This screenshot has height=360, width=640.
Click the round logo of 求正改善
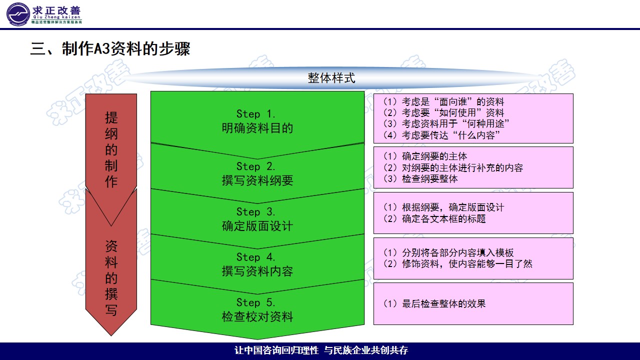click(x=17, y=14)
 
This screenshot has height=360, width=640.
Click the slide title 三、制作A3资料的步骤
click(x=110, y=49)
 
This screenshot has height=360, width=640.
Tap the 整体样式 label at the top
click(x=331, y=78)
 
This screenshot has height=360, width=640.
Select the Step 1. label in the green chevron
click(x=256, y=114)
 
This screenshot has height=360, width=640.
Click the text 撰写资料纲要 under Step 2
click(x=257, y=180)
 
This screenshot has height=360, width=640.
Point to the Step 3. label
click(x=256, y=212)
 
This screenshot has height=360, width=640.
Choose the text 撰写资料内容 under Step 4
click(x=257, y=271)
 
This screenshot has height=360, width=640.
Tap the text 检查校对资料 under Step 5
click(x=257, y=316)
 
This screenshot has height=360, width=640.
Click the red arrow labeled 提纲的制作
click(x=111, y=150)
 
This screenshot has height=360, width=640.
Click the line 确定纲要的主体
click(x=425, y=156)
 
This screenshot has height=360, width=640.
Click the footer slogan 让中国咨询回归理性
click(x=276, y=350)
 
